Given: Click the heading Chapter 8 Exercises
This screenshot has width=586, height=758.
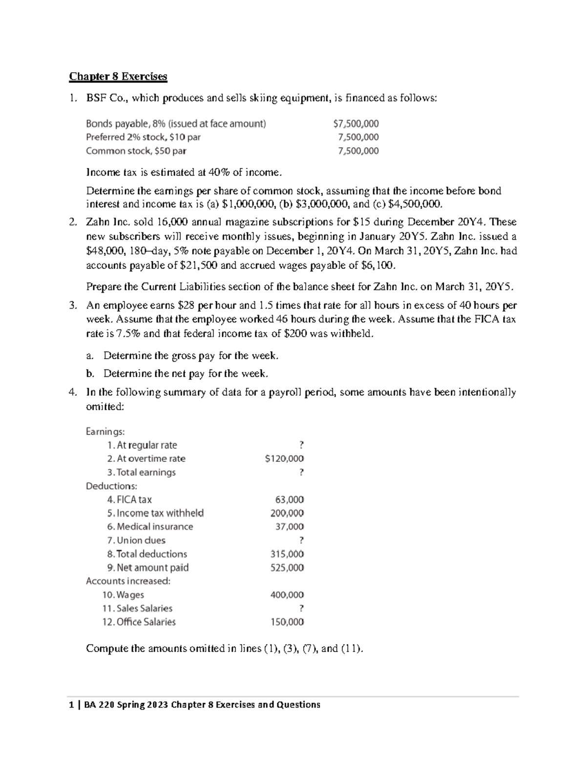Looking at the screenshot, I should point(118,77).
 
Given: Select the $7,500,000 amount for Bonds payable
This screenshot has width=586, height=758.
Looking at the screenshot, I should point(356,124).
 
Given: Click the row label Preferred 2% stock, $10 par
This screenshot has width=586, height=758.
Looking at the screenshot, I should point(143,138).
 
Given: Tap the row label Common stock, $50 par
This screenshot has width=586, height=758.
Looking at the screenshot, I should point(136,151).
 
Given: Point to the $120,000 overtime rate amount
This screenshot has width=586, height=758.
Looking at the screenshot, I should point(284,459).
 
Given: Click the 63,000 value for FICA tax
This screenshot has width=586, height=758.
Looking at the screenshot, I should point(290,500).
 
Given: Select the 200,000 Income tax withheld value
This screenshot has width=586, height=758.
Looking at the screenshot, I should point(287,513).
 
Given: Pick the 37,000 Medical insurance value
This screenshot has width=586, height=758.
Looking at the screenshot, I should point(290,527).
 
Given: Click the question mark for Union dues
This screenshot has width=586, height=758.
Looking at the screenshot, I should point(301,540).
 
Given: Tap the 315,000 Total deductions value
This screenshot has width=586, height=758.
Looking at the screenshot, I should point(287,554).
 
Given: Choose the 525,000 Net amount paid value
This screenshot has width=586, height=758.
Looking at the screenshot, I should point(287,568).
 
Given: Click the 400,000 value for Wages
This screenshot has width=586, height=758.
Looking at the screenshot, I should point(287,595).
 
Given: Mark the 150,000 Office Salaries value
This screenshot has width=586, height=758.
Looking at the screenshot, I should point(287,622).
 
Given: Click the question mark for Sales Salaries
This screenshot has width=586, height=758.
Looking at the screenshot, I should point(301,609).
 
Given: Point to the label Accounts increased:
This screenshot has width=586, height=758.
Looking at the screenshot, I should point(128,581).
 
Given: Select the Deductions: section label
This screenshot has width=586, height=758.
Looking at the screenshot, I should point(111,486).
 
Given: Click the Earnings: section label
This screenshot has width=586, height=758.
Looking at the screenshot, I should point(105,431).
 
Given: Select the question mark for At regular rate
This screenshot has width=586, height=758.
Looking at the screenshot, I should point(301,445).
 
